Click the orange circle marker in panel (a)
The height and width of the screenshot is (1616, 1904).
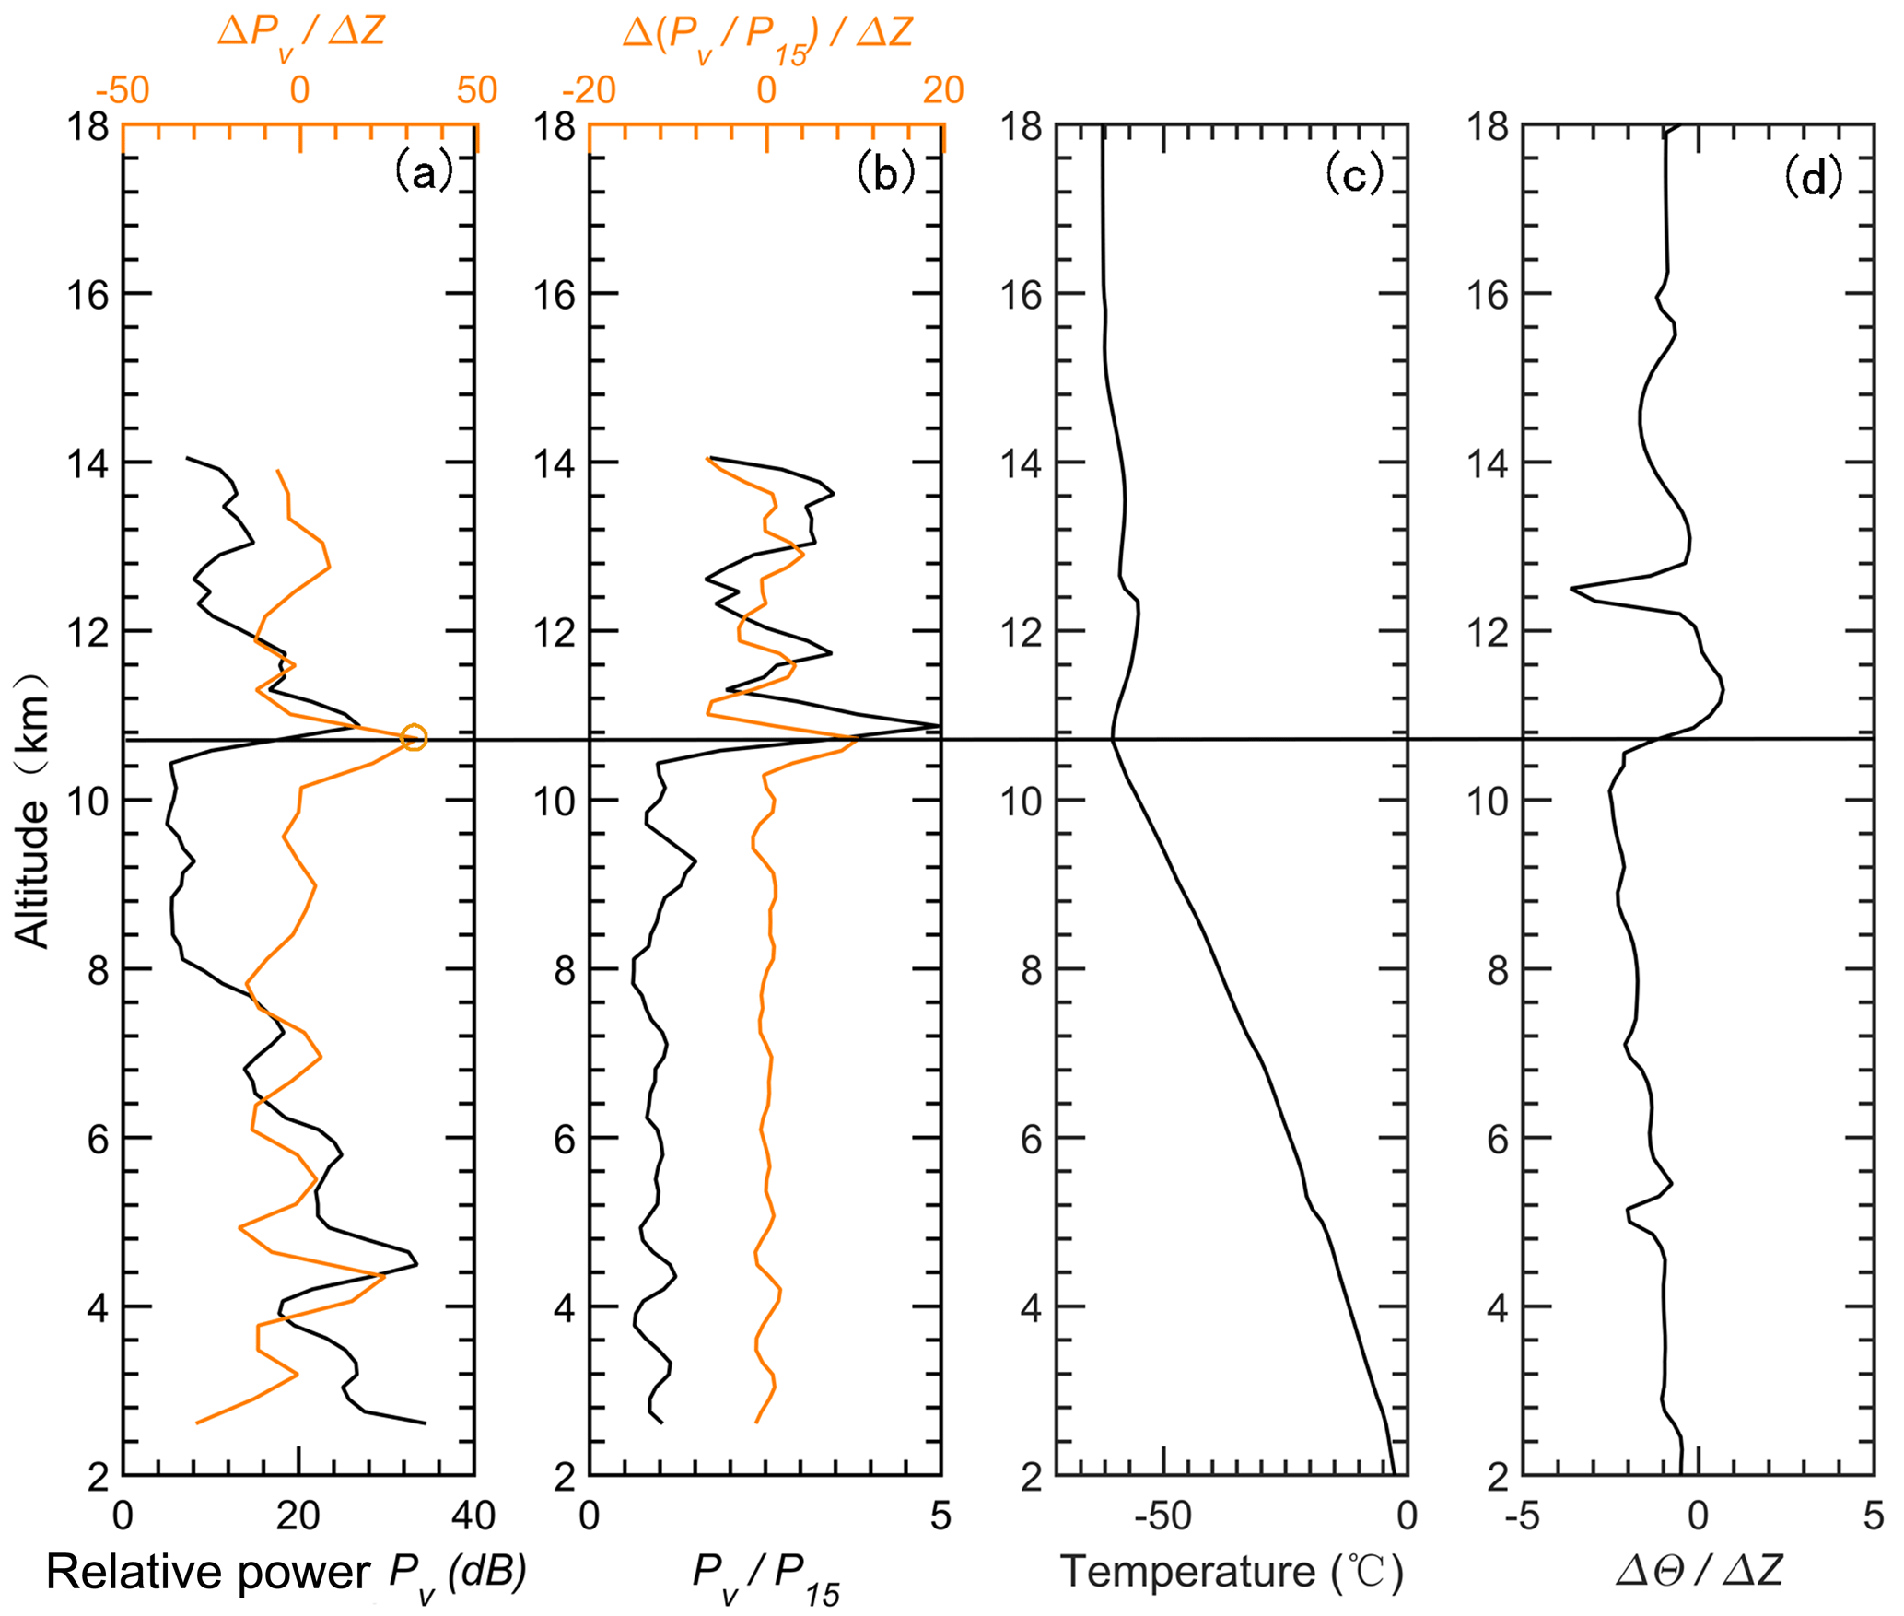pyautogui.click(x=415, y=737)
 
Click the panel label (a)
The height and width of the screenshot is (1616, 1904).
pyautogui.click(x=424, y=172)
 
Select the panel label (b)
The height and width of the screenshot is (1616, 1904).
pyautogui.click(x=885, y=172)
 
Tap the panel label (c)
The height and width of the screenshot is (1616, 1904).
pyautogui.click(x=1353, y=172)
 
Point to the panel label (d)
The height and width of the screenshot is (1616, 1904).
pyautogui.click(x=1813, y=175)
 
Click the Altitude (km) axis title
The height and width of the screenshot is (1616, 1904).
pyautogui.click(x=32, y=811)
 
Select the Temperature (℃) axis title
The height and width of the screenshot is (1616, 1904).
pyautogui.click(x=1232, y=1571)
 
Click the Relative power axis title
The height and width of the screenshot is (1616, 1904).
pyautogui.click(x=286, y=1573)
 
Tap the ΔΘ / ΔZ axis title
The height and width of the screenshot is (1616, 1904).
pyautogui.click(x=1700, y=1569)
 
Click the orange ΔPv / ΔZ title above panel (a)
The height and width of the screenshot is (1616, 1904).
pyautogui.click(x=301, y=32)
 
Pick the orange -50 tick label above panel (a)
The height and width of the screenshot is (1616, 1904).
pyautogui.click(x=122, y=90)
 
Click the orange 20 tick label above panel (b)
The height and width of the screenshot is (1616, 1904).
pyautogui.click(x=943, y=90)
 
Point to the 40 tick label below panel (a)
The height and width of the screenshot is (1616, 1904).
pyautogui.click(x=473, y=1516)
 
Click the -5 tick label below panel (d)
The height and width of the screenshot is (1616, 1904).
pyautogui.click(x=1521, y=1516)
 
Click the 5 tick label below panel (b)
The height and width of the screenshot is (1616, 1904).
pyautogui.click(x=940, y=1516)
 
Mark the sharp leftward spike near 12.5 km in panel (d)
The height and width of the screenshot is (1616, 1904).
pyautogui.click(x=1572, y=588)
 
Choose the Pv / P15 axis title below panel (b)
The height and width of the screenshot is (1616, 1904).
pyautogui.click(x=766, y=1577)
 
